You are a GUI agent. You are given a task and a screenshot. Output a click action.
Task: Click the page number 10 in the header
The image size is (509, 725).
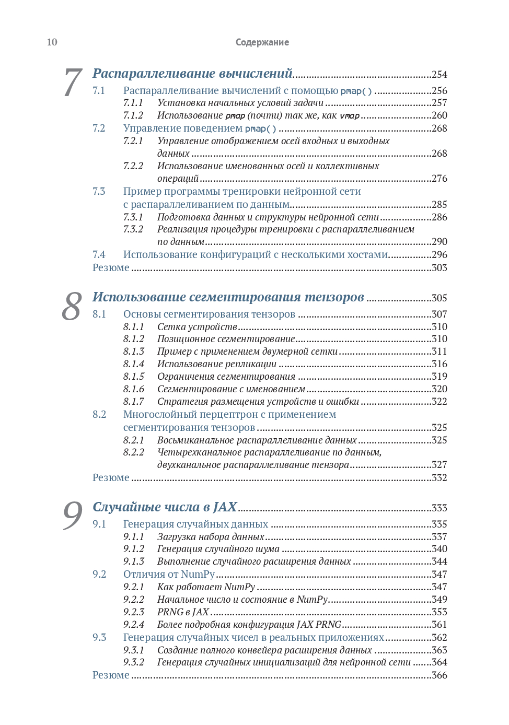[x=52, y=42]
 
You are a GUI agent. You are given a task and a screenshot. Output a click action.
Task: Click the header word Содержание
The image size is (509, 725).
[x=262, y=42]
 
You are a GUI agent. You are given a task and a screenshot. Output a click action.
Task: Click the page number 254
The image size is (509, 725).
[x=439, y=75]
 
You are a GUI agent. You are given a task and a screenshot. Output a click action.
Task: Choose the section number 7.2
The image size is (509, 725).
[x=99, y=128]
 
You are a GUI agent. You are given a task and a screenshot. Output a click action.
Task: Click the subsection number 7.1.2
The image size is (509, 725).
[x=133, y=115]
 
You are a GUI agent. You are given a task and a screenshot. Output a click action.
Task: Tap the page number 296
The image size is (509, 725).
[x=439, y=255]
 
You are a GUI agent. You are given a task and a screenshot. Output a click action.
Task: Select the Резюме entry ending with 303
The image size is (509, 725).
[x=111, y=268]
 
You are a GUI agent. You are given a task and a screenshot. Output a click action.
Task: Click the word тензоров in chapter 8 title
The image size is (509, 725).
[x=334, y=297]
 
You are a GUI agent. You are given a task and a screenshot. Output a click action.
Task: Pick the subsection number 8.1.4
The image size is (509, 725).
[x=134, y=364]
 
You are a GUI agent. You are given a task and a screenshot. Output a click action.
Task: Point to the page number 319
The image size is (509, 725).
[x=439, y=377]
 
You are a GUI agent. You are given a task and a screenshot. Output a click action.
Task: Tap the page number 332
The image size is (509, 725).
[x=439, y=478]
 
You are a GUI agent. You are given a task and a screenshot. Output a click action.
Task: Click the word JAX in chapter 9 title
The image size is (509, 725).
[x=225, y=507]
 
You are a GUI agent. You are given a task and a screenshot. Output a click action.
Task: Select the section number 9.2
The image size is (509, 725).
[x=99, y=575]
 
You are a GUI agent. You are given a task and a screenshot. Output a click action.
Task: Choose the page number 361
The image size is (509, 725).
[x=439, y=625]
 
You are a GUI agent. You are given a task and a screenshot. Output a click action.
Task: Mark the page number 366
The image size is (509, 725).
[x=439, y=675]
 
